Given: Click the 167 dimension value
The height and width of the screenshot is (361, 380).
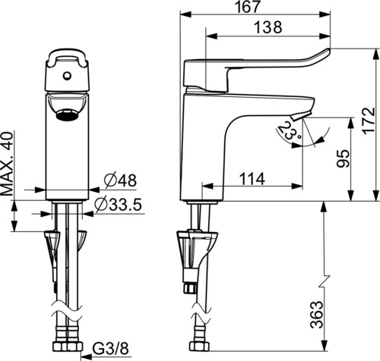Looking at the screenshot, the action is [248, 7].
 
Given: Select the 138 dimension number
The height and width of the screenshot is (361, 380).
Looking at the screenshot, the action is [268, 27].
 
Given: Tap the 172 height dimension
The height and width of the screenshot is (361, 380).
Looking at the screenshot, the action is [369, 121].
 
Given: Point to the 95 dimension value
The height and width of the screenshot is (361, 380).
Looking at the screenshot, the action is [343, 159].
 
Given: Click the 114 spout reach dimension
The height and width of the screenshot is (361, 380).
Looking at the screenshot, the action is [252, 179].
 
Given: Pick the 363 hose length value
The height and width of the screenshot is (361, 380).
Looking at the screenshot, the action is [317, 314].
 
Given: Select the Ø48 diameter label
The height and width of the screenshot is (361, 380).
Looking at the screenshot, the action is [120, 180].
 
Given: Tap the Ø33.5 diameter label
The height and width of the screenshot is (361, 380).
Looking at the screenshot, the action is [118, 204].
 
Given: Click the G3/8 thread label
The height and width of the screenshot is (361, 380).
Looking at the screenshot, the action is [110, 349].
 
